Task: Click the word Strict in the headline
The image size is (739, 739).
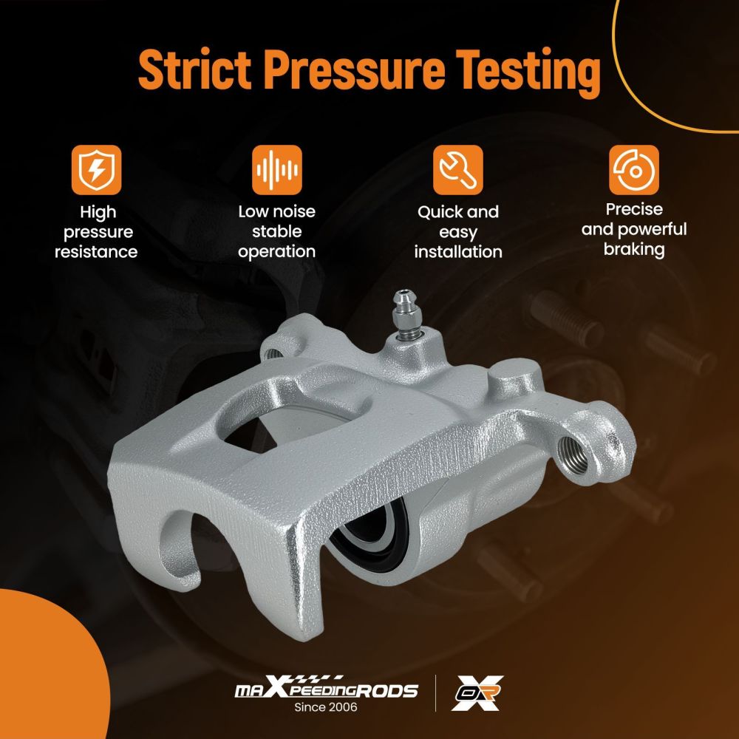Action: pyautogui.click(x=195, y=69)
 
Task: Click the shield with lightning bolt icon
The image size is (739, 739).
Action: pyautogui.click(x=96, y=170)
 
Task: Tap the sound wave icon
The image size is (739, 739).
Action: pyautogui.click(x=276, y=170)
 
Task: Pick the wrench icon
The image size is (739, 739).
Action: pyautogui.click(x=457, y=170)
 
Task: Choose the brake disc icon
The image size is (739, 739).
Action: pyautogui.click(x=634, y=170)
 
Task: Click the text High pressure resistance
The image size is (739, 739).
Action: pyautogui.click(x=96, y=232)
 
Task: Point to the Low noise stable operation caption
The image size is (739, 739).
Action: pyautogui.click(x=276, y=231)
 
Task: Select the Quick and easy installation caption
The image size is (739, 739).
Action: pyautogui.click(x=457, y=232)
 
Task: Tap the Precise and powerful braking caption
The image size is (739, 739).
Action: pyautogui.click(x=634, y=229)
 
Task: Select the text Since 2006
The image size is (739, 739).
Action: pyautogui.click(x=326, y=707)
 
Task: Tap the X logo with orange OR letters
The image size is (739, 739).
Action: pyautogui.click(x=477, y=693)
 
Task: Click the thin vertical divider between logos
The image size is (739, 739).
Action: pyautogui.click(x=435, y=693)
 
